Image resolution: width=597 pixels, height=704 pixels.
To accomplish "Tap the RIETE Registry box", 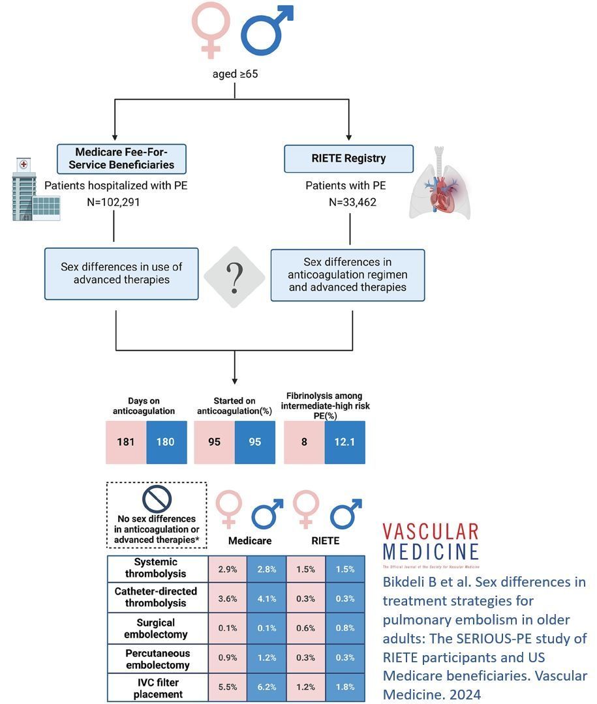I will (x=348, y=158).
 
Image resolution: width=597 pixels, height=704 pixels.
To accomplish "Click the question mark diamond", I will (x=234, y=276).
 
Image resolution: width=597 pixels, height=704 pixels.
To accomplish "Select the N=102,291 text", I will (x=114, y=202).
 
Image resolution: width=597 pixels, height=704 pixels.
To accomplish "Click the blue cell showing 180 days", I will (x=166, y=442).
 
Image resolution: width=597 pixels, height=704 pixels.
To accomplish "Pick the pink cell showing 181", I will (x=126, y=442).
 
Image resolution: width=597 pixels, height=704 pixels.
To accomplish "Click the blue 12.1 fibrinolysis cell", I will (x=344, y=442).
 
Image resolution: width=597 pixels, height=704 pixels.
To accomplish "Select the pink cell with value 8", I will (x=304, y=442).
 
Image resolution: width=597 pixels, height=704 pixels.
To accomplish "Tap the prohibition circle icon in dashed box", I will (x=157, y=500).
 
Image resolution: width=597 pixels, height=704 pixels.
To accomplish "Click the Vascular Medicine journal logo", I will (x=430, y=542).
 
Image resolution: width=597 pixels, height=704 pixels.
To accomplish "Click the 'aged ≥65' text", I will (x=236, y=74).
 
